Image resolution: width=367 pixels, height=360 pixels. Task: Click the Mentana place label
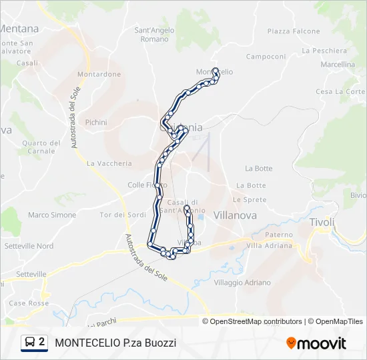(x=20, y=29)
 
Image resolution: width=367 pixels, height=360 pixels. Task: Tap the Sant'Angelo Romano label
(x=155, y=35)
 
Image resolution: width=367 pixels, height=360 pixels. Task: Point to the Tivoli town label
(x=322, y=221)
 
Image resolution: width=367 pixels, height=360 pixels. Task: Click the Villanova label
(x=235, y=215)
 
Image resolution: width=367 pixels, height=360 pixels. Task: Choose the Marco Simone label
(x=52, y=215)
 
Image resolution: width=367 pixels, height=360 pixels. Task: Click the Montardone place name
(x=99, y=74)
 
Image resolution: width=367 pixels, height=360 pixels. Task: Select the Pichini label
(x=96, y=122)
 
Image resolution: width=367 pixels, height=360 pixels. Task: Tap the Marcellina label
(x=338, y=65)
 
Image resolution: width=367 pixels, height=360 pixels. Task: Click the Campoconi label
(x=266, y=57)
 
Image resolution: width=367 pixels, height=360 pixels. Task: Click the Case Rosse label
(x=28, y=303)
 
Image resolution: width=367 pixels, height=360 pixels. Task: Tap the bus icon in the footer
(x=29, y=343)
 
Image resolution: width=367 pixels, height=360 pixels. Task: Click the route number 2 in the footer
(x=42, y=343)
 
